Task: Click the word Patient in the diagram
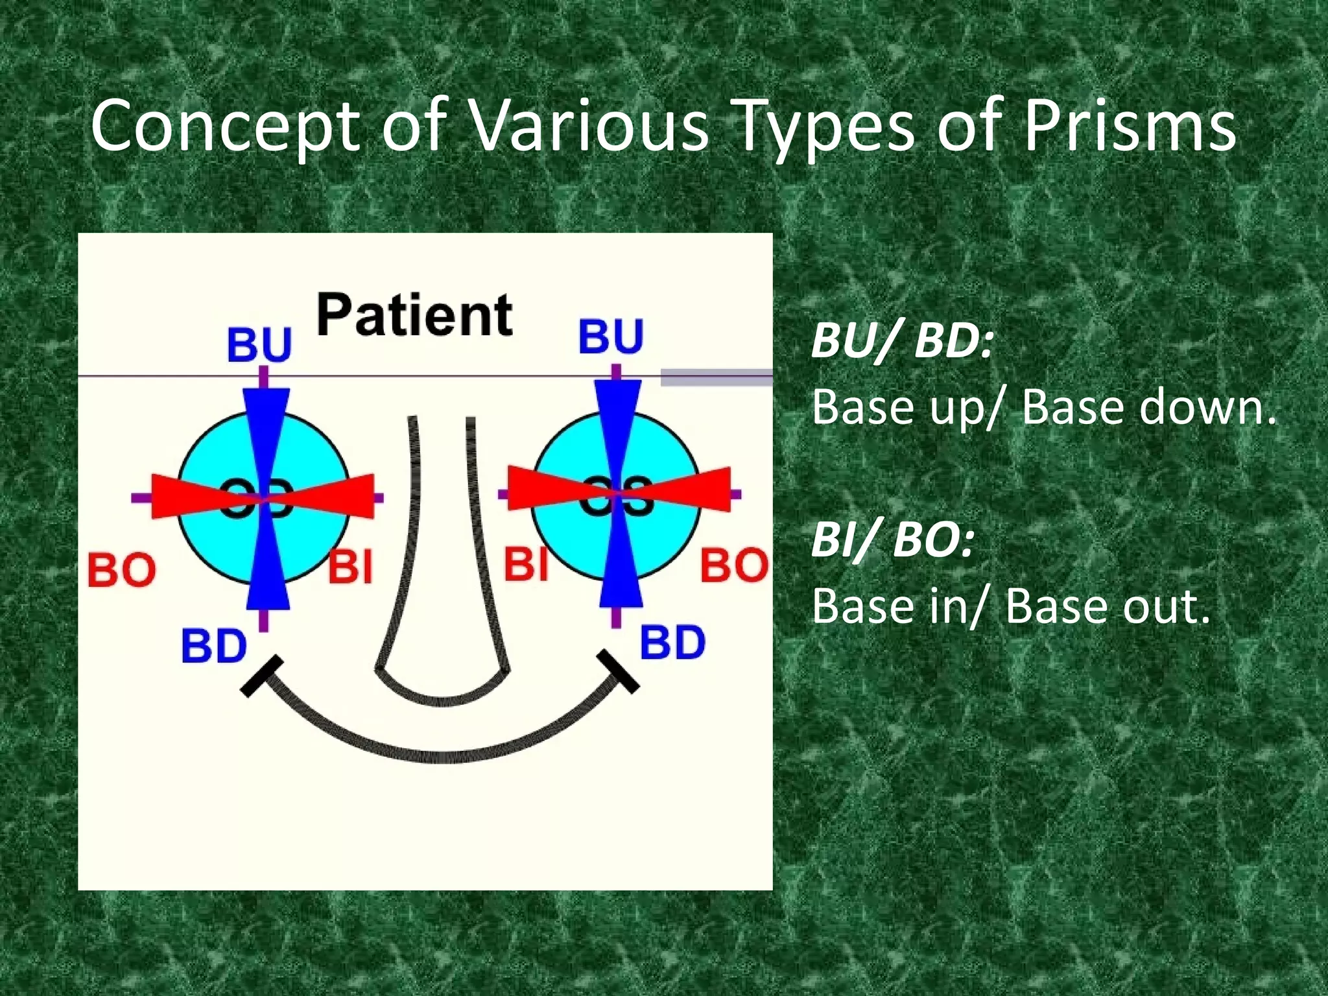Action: tap(415, 316)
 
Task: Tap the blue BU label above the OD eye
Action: tap(259, 344)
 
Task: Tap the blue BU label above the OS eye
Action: tap(611, 337)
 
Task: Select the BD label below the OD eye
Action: tap(214, 646)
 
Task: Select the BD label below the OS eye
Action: tap(672, 643)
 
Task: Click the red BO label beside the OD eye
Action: tap(122, 570)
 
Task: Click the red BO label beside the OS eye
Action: tap(734, 565)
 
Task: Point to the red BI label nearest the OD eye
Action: tap(351, 566)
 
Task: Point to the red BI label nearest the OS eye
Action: tap(527, 563)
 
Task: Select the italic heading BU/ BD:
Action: tap(902, 341)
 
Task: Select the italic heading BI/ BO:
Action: tap(893, 540)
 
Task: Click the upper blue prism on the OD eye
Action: tap(267, 428)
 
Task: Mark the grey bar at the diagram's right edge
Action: tap(717, 377)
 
